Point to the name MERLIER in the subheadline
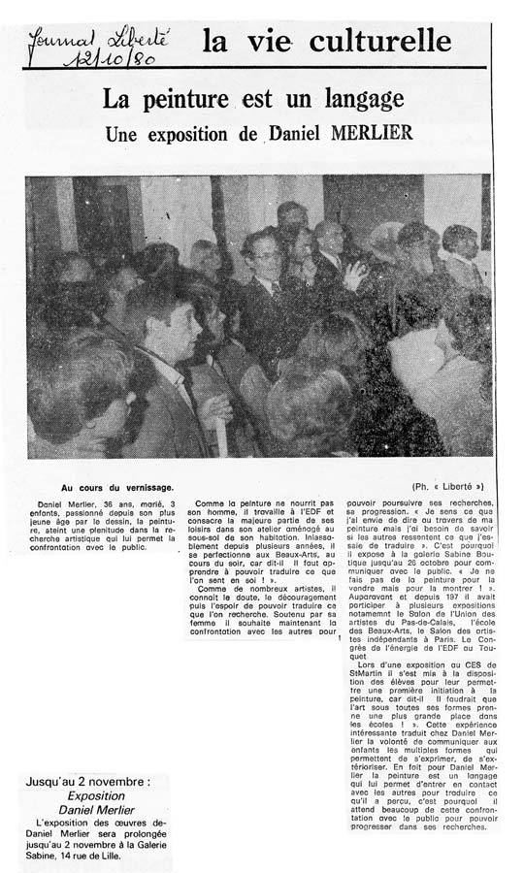368,134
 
